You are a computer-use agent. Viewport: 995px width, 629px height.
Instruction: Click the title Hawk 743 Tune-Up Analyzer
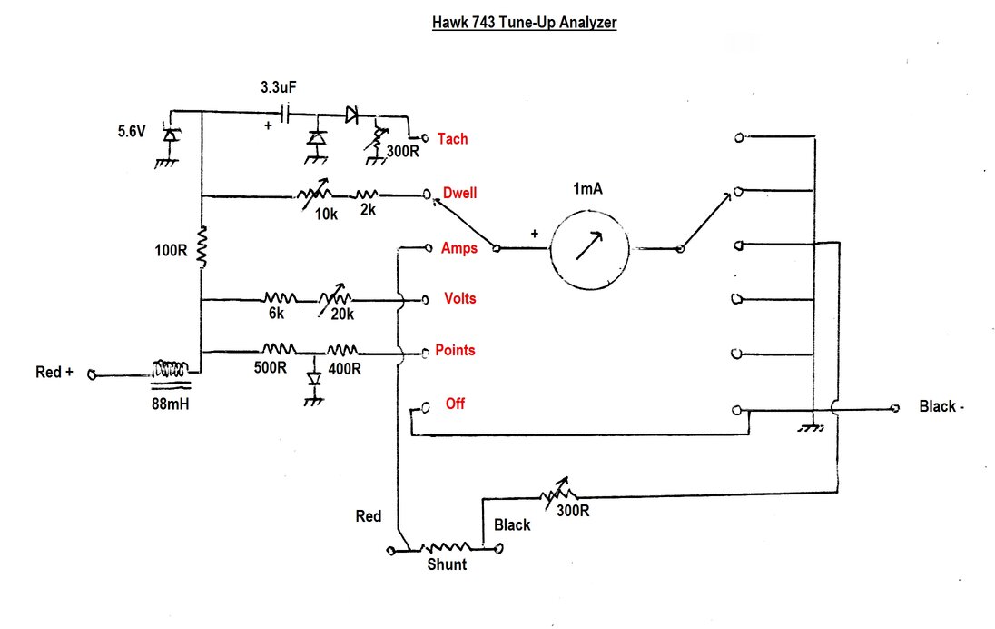click(x=524, y=22)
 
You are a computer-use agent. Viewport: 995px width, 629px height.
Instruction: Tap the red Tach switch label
click(x=452, y=138)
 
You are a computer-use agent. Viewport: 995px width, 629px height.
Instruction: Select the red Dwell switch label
click(x=459, y=193)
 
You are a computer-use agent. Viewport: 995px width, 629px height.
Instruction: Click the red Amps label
click(x=458, y=248)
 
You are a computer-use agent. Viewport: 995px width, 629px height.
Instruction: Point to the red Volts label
click(x=460, y=298)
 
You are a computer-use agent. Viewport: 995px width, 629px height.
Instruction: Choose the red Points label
click(x=455, y=350)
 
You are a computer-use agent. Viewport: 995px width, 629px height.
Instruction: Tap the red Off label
click(x=455, y=404)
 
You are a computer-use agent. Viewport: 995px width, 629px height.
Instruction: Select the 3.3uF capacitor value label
click(x=279, y=87)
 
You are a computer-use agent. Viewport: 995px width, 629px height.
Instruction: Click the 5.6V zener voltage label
click(x=132, y=132)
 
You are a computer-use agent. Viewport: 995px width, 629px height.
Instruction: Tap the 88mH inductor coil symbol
click(x=170, y=368)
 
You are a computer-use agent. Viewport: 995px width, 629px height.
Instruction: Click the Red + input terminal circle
click(x=92, y=375)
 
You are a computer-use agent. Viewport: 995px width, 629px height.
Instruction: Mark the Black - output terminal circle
click(x=895, y=408)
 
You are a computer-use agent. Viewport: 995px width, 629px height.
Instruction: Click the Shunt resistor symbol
click(x=446, y=547)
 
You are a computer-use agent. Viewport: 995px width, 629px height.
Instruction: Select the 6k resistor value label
click(x=276, y=314)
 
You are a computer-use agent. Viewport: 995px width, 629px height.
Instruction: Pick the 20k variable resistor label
click(x=342, y=314)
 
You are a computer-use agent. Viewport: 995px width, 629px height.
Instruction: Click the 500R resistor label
click(x=271, y=368)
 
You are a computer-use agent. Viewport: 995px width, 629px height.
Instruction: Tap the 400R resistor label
click(x=345, y=368)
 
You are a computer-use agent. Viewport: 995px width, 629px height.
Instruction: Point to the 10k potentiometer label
click(x=326, y=215)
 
